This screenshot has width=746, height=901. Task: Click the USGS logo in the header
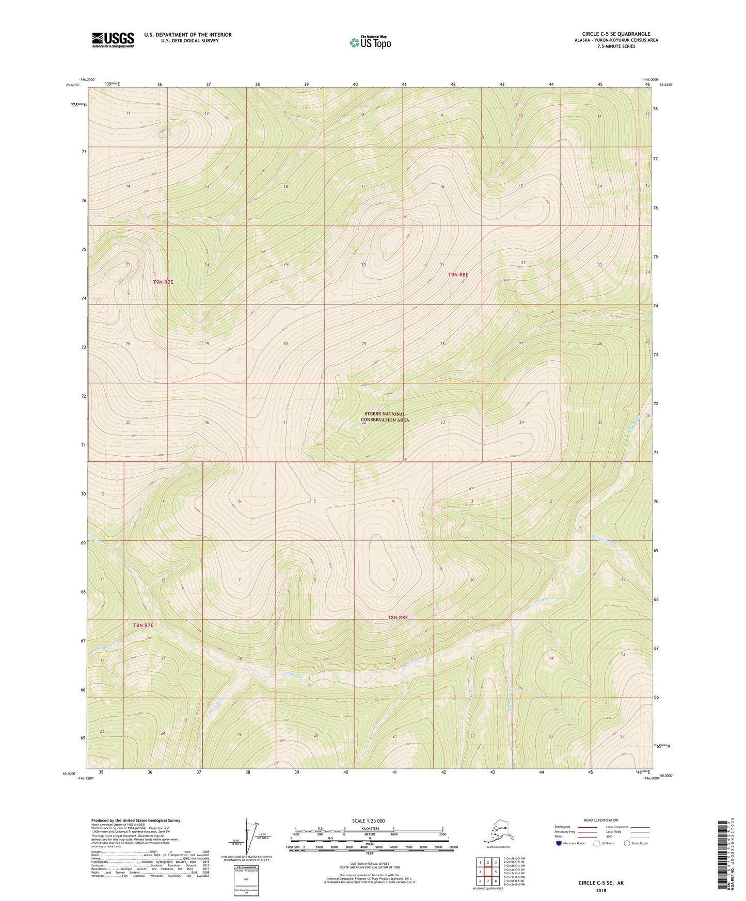click(x=113, y=40)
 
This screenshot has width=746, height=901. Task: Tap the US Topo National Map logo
click(x=370, y=42)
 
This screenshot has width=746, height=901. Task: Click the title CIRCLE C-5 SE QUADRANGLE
click(x=616, y=34)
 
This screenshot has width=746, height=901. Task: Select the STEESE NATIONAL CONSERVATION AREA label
click(x=385, y=417)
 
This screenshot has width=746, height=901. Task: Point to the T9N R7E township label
click(x=163, y=282)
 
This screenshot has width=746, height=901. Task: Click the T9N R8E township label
click(x=458, y=275)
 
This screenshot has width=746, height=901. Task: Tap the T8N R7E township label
click(x=144, y=625)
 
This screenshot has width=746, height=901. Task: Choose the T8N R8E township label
click(x=398, y=617)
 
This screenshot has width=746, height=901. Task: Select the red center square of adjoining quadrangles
click(x=487, y=872)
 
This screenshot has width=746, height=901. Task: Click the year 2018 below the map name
click(x=600, y=890)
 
